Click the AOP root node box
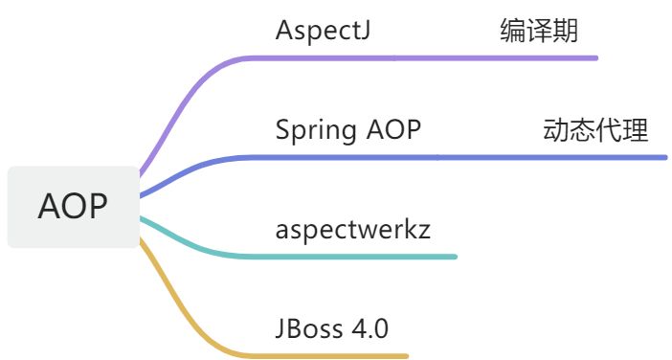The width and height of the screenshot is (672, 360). pos(74,207)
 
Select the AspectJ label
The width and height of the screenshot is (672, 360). pos(323,31)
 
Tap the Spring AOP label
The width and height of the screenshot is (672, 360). pos(348,130)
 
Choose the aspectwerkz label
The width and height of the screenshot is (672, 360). pos(352,229)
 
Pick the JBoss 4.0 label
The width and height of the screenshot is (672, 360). pos(332,328)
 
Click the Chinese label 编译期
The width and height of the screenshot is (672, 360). pos(539,31)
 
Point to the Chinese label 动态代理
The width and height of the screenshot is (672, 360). pos(595,130)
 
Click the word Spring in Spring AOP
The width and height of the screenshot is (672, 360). pos(316,131)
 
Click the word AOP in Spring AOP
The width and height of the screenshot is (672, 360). pos(393,129)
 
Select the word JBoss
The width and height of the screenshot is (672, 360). pos(309,328)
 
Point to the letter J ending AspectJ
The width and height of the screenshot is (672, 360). pos(365,31)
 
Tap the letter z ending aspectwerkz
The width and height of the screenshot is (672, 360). pos(424,232)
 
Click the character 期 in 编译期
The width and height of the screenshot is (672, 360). pos(566,31)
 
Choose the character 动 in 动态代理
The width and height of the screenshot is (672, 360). pos(556,130)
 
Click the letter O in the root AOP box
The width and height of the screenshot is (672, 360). pos(73,207)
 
